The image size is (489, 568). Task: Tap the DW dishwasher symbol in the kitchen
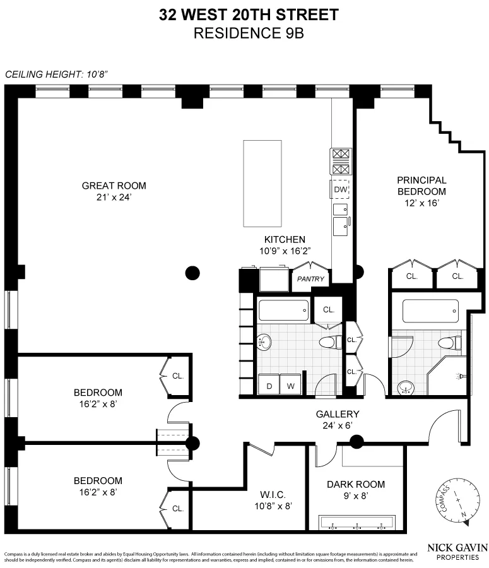tap(339, 189)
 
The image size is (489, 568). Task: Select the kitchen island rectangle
tap(262, 183)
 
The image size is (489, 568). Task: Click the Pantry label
tap(310, 279)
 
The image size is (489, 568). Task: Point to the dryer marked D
tap(269, 384)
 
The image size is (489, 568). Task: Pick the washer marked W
tap(290, 384)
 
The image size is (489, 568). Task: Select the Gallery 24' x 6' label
tap(338, 420)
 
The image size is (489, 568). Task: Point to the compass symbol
tap(457, 502)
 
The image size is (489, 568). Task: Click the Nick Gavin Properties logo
tap(457, 552)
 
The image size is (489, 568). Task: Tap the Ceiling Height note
tap(57, 74)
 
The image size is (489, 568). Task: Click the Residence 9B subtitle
tap(249, 33)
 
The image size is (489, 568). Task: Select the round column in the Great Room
tap(192, 273)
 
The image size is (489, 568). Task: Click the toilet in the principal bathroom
tap(449, 343)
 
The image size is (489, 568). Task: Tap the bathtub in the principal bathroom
tap(430, 311)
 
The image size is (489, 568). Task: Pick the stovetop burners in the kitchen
tap(341, 161)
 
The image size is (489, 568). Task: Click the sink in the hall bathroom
tap(264, 341)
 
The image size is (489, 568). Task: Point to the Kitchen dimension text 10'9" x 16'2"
tap(285, 251)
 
